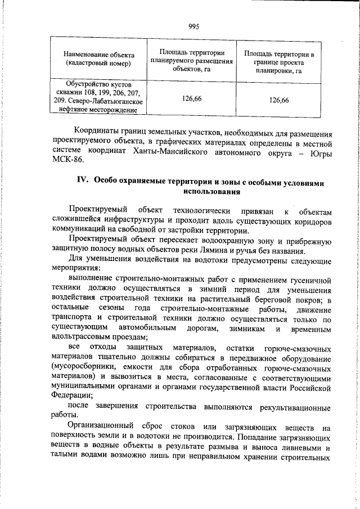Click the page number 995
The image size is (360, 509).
194,26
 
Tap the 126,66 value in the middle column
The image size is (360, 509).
192,99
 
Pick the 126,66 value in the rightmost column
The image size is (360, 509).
279,100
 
